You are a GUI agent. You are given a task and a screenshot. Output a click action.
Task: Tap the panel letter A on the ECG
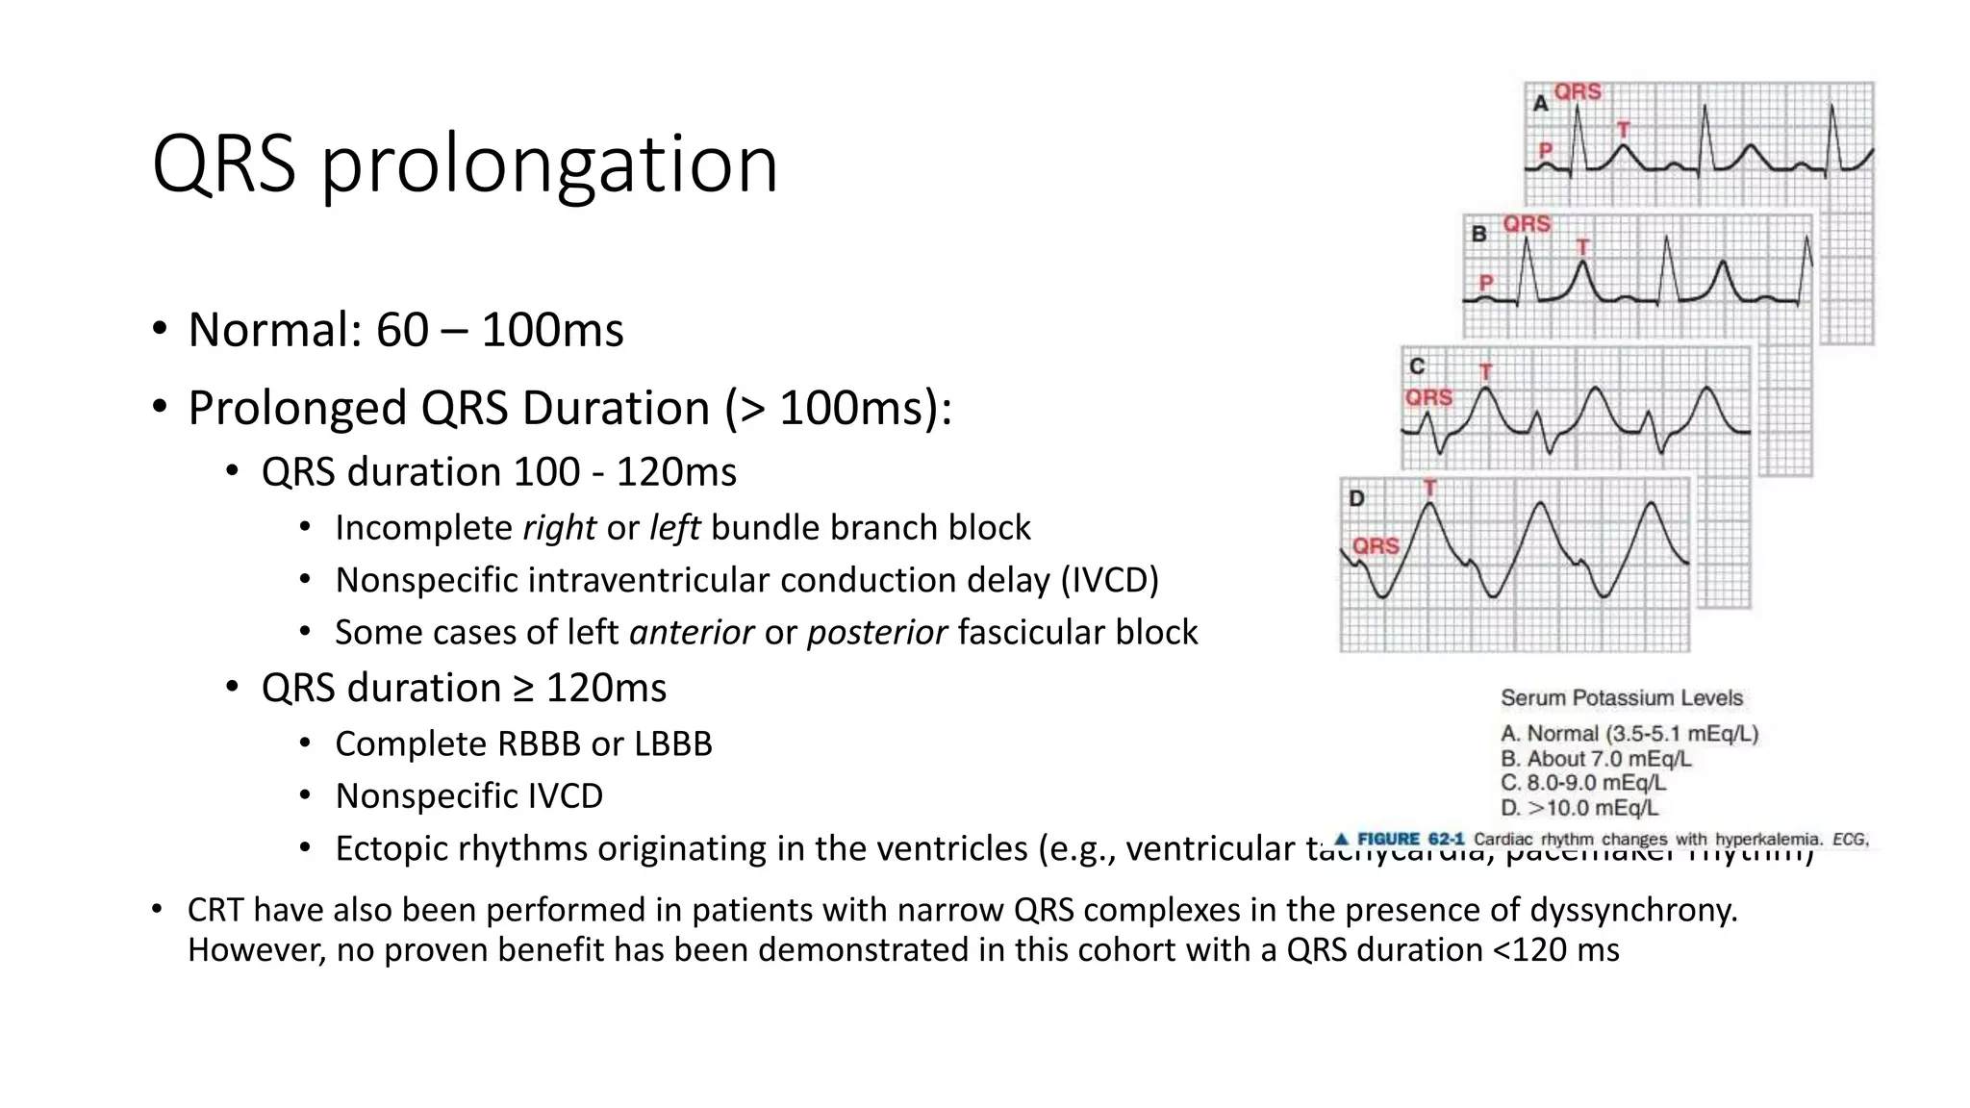[1540, 103]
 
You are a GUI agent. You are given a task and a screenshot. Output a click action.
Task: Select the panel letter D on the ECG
[1356, 498]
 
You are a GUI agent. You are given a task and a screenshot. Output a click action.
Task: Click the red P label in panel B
[1486, 283]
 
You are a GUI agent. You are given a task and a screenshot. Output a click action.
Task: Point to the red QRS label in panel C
[1428, 397]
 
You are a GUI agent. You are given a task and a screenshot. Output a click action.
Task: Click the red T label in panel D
[1430, 488]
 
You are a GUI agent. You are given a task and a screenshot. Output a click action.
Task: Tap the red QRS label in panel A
[1578, 91]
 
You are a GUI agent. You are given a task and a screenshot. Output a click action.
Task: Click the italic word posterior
[876, 633]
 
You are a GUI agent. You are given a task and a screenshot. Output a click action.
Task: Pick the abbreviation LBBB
[672, 743]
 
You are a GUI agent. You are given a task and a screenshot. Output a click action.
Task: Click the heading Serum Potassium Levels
[1621, 698]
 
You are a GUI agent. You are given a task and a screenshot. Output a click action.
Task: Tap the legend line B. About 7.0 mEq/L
[1596, 759]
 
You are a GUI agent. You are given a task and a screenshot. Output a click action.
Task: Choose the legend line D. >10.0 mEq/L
[1579, 808]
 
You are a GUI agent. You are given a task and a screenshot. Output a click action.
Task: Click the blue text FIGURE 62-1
[1409, 839]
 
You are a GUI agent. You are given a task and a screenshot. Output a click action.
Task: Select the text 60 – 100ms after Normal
[499, 330]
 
